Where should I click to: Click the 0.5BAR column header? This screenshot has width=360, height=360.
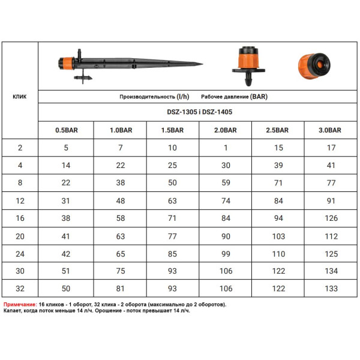tap(67, 130)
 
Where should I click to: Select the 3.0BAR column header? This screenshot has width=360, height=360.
tap(329, 130)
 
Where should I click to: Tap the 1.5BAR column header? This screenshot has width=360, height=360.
tap(172, 130)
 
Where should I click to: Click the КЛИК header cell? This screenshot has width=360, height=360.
tap(20, 97)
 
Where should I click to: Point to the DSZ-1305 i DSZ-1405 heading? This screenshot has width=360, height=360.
tap(200, 112)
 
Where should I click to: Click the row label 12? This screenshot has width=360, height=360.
tap(20, 201)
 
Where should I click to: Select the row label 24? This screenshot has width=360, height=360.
tap(20, 254)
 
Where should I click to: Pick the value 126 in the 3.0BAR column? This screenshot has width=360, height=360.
tap(331, 218)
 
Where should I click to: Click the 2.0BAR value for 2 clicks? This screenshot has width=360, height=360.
tap(226, 148)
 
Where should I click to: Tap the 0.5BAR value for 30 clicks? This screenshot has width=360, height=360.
tap(65, 271)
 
